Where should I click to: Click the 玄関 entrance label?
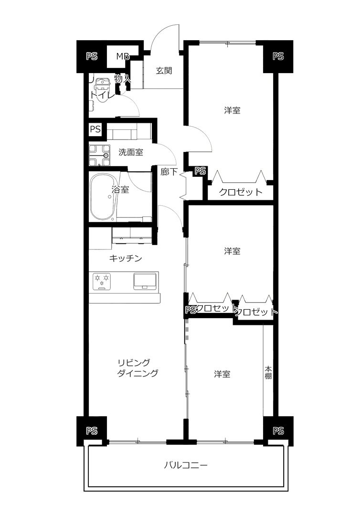coord(164,70)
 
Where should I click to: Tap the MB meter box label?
coord(122,56)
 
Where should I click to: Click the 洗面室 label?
coord(130,152)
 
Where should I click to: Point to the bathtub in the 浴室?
coord(103,197)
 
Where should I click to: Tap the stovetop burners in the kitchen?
coord(102,281)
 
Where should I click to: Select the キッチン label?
coord(125,258)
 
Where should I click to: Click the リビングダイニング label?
coord(138,367)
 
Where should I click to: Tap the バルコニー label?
coord(186,465)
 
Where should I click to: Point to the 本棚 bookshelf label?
coord(268,372)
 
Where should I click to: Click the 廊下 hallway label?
coord(169,172)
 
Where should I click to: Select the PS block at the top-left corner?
coord(92,56)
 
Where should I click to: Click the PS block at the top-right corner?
coord(278,56)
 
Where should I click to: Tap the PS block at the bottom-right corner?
coord(278,431)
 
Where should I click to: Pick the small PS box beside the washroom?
coord(95,129)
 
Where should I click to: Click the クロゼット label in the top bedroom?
coord(241,192)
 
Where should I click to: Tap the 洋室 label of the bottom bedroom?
coord(222,374)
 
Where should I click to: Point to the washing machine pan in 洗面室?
coord(100,155)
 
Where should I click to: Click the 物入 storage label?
coord(123,79)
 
